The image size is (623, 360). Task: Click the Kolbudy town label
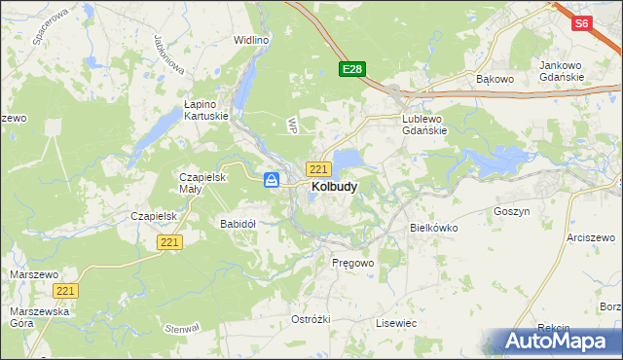pos(333,186)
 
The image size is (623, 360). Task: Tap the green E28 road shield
pos(352,69)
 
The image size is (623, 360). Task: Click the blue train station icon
pos(273,180)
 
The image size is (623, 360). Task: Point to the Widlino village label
pos(251,40)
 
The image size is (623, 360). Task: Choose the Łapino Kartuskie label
pos(206,109)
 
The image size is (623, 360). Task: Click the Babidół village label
pos(238,223)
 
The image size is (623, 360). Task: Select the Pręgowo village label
pos(352,263)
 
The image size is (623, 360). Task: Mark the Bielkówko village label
pos(432,228)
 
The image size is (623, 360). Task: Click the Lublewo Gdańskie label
pos(424,125)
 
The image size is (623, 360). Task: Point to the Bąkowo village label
pos(494,77)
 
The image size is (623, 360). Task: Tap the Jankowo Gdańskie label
pos(561,71)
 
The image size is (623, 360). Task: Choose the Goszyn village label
pos(511,210)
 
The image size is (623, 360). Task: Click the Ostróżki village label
pos(311,319)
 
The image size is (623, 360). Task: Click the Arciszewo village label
pos(594,237)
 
